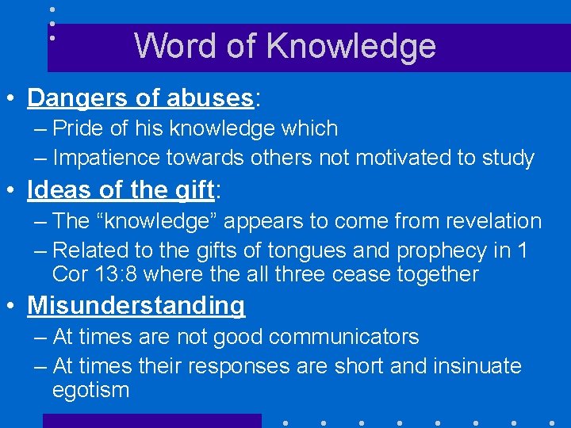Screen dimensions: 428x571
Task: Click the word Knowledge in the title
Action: click(x=351, y=46)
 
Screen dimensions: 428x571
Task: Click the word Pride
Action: click(x=79, y=128)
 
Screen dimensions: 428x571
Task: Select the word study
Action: click(x=508, y=158)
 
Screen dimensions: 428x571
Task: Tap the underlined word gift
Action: click(x=194, y=191)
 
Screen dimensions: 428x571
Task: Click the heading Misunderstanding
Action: click(x=136, y=305)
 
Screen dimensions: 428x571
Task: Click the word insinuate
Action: click(x=477, y=366)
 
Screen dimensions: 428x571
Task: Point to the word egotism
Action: click(x=90, y=390)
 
